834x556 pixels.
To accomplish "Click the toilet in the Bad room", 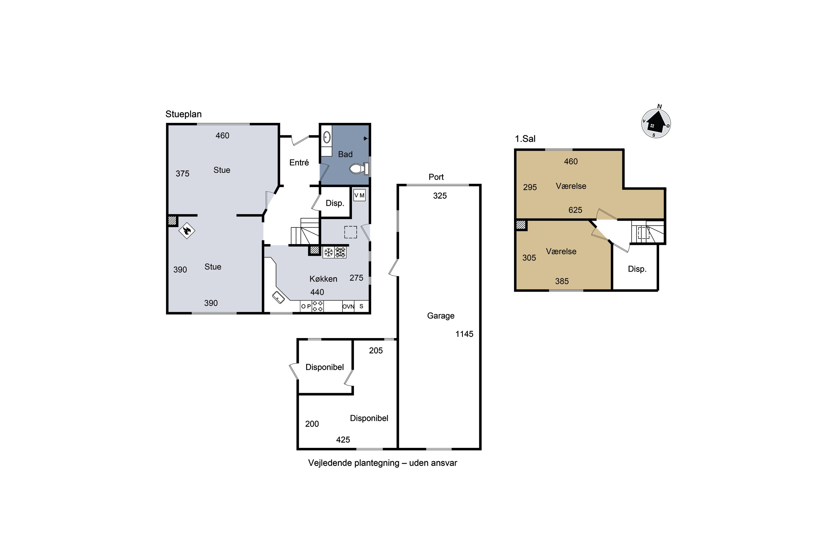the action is [x=359, y=168].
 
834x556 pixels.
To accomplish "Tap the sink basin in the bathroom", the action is [x=327, y=137].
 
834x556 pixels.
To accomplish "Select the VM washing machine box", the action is [x=359, y=195].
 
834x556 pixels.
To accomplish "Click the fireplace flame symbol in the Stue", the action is [x=187, y=231].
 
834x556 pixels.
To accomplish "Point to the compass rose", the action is [x=656, y=123].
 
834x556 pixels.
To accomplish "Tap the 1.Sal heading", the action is [x=525, y=139].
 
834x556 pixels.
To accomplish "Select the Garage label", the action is [x=441, y=316].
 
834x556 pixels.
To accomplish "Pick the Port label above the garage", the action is [x=436, y=177].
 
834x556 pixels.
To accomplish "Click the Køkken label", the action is [x=323, y=279].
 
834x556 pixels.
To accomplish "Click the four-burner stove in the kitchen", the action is [x=317, y=306].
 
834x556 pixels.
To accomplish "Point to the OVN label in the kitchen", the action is [x=348, y=307].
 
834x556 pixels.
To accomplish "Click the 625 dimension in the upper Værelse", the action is [x=575, y=210].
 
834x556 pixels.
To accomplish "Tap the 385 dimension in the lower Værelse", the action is [x=562, y=281].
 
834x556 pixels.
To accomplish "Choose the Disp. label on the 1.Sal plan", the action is [x=637, y=269].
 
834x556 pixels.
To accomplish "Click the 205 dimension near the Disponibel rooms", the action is [x=376, y=351].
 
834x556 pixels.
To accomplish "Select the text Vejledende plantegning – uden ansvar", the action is [x=383, y=463].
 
